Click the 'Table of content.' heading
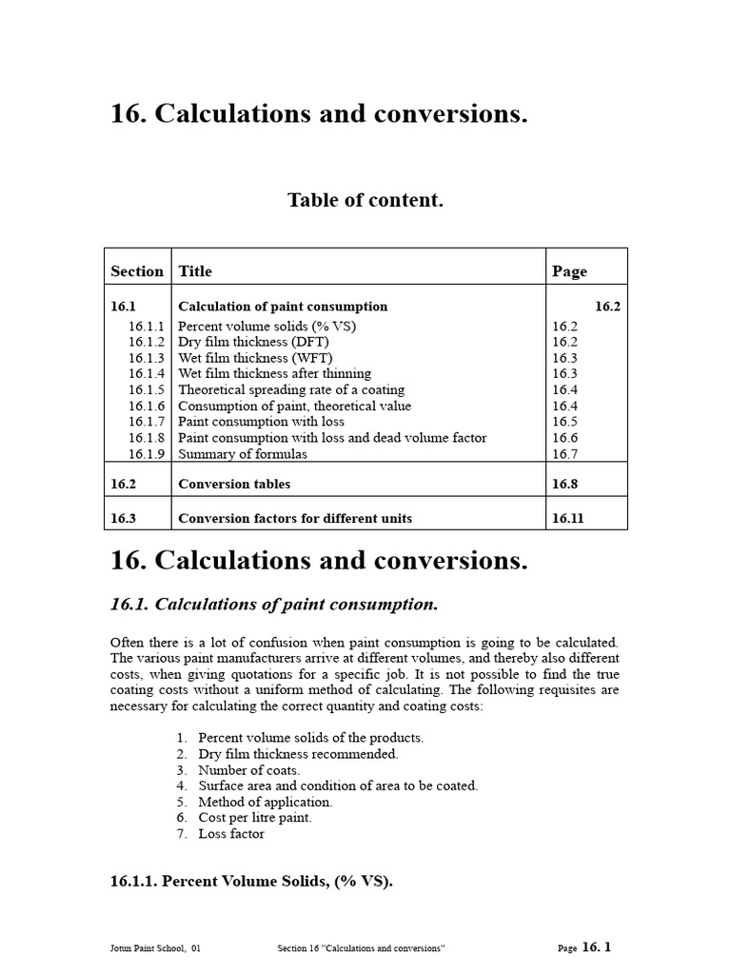click(x=365, y=201)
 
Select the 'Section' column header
click(x=137, y=271)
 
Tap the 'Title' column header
click(x=195, y=271)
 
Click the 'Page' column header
click(x=569, y=271)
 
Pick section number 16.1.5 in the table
click(x=147, y=390)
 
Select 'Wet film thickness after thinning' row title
click(x=274, y=374)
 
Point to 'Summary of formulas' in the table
click(x=243, y=454)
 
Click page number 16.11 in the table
click(x=568, y=519)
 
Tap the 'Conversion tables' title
click(x=234, y=484)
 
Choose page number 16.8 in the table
click(x=564, y=484)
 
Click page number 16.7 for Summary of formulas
click(x=564, y=454)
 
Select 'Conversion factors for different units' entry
click(x=295, y=519)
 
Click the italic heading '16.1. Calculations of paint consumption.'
click(x=274, y=605)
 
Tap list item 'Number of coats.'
click(x=248, y=770)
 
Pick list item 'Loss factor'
click(x=231, y=834)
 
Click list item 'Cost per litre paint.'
click(x=254, y=818)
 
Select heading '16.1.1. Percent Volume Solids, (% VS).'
click(x=251, y=882)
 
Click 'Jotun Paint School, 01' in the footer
click(x=155, y=948)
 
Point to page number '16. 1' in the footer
click(x=596, y=947)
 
